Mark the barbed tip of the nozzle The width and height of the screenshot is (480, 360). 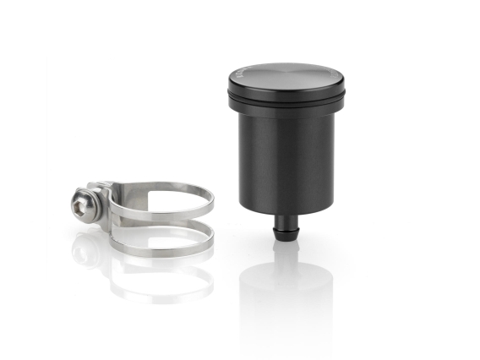click(284, 237)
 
